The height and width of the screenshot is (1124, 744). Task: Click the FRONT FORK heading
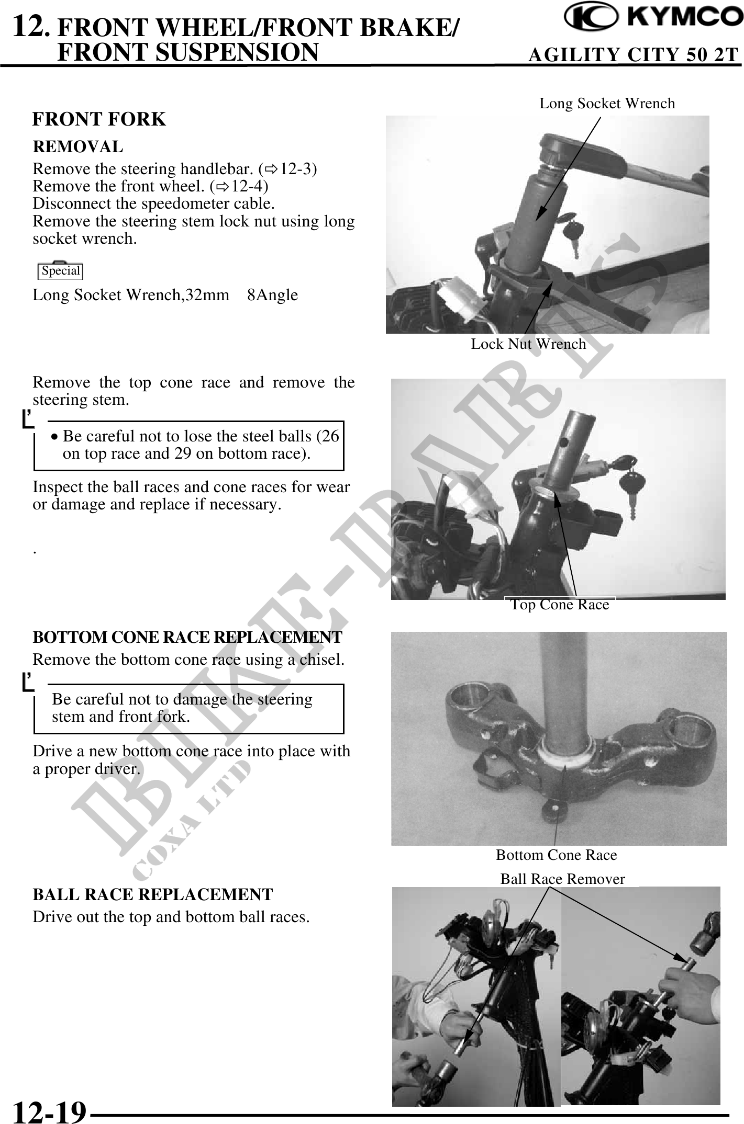99,119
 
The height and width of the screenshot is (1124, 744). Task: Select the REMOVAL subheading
77,147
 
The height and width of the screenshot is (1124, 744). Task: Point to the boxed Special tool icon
61,270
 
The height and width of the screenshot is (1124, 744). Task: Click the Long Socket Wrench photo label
607,104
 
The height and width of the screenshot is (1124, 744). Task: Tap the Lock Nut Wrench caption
528,344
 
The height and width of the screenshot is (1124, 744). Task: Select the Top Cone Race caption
560,605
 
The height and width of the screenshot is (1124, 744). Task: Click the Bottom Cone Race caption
556,855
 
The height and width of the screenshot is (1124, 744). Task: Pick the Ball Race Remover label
562,879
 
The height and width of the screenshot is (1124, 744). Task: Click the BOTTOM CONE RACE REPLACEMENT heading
187,638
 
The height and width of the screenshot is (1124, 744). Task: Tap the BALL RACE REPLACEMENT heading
152,895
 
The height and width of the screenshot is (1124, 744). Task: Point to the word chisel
321,660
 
